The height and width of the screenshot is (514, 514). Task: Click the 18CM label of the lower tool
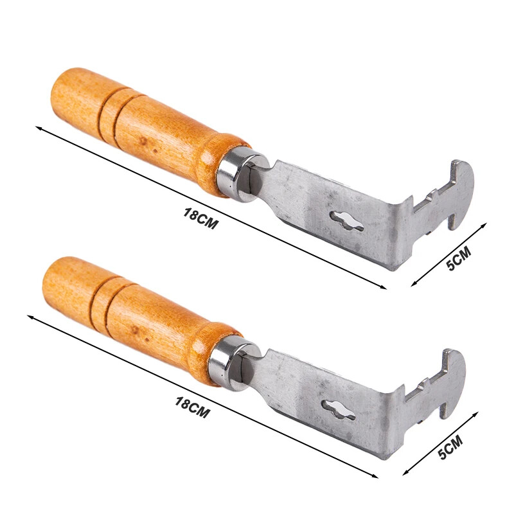[192, 407]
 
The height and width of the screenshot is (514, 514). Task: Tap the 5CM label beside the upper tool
[458, 260]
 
